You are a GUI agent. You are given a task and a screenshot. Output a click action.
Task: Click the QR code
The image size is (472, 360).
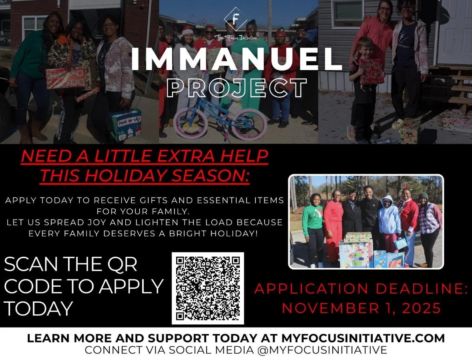pos(208,288)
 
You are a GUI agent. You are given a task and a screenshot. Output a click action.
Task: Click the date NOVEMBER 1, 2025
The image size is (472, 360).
pos(362,308)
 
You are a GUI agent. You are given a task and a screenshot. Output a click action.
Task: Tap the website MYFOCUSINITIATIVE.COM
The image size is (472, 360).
pos(363,338)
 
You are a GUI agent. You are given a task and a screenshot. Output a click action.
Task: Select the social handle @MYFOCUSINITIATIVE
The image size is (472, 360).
pos(323,350)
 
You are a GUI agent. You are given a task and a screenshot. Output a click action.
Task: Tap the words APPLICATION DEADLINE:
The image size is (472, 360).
pos(361,289)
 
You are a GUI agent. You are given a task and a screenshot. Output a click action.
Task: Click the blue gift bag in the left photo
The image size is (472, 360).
pos(126,124)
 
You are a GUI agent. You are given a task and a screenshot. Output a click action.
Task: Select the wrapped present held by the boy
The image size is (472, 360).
pos(371,71)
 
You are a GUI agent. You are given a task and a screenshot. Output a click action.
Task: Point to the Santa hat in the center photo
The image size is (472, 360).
pos(187,30)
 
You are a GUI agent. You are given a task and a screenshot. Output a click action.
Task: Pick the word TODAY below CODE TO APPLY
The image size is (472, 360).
pos(38,309)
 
